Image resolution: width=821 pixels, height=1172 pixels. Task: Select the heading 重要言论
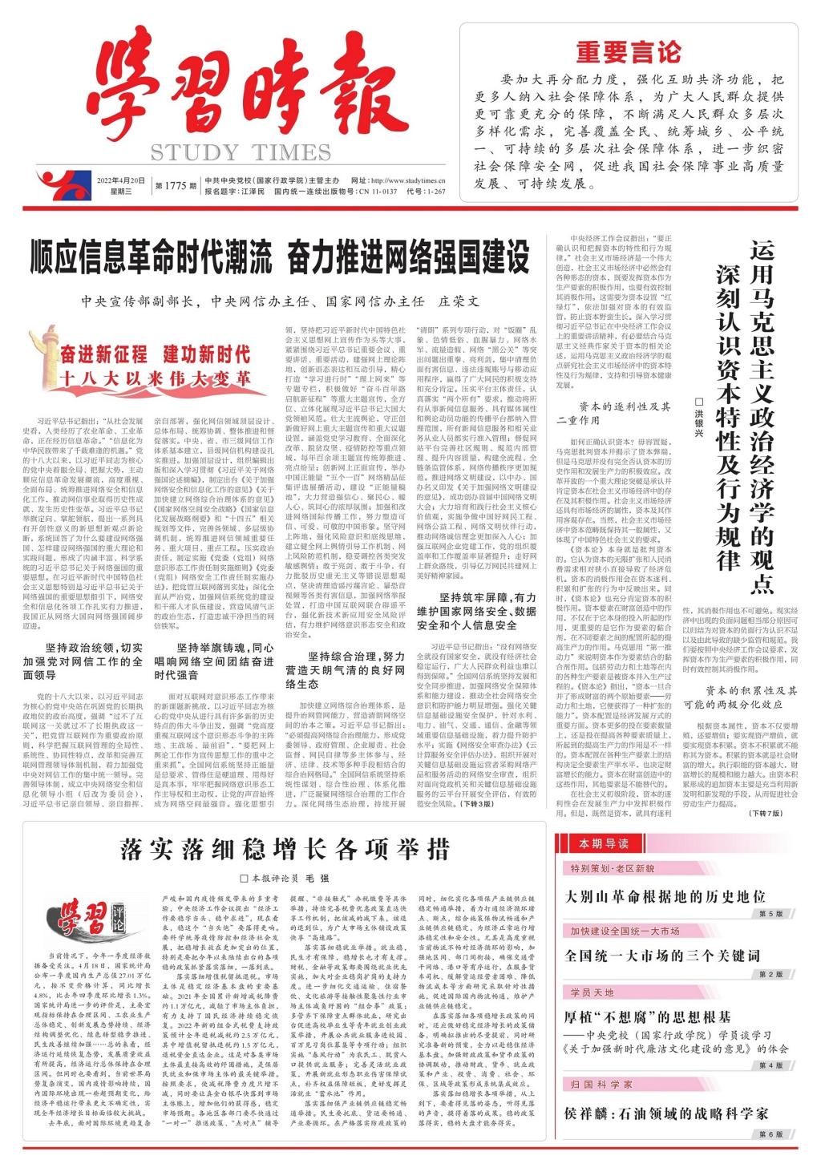[628, 53]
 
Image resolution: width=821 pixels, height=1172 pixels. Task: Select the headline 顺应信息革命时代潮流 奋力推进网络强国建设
[281, 257]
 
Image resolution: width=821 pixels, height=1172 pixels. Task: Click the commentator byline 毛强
[330, 878]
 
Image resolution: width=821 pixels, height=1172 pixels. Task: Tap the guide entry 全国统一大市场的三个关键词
[662, 956]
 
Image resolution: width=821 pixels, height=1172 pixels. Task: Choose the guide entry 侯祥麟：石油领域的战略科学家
[666, 1113]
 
